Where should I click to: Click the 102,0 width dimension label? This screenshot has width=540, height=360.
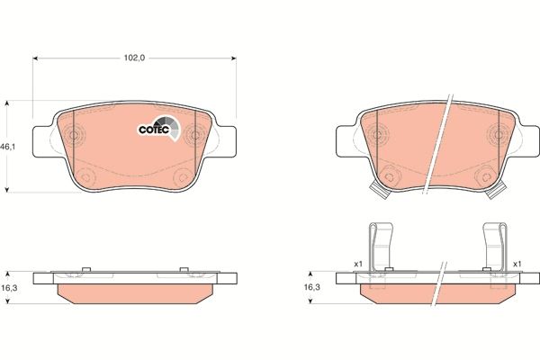tap(133, 57)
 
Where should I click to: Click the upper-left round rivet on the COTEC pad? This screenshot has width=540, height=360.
tap(76, 137)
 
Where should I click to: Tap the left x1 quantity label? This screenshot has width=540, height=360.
tap(356, 263)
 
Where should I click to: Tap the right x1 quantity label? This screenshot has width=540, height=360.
tap(517, 263)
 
